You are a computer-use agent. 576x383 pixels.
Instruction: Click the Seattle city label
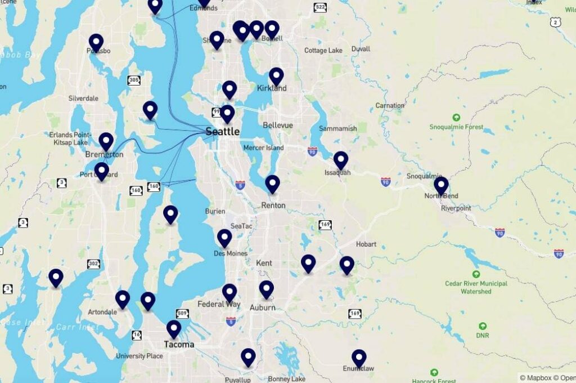222,132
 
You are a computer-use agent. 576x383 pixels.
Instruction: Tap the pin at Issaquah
341,160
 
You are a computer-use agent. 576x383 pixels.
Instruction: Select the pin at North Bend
441,185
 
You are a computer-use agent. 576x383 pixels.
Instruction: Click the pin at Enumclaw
359,358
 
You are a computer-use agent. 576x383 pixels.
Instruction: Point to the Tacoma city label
179,344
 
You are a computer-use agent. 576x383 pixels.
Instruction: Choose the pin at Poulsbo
96,42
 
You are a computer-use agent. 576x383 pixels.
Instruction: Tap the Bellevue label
278,125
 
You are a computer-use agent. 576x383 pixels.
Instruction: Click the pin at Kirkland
276,75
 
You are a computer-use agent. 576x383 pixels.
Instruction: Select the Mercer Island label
263,148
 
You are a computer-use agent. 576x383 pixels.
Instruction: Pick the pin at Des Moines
224,238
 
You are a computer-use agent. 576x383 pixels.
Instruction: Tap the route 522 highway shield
320,7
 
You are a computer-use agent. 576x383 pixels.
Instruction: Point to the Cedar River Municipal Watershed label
476,287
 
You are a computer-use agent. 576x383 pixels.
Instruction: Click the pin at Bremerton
106,141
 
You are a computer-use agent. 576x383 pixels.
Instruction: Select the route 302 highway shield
93,264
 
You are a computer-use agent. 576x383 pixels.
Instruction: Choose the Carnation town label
390,105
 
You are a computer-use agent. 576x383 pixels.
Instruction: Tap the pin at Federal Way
229,292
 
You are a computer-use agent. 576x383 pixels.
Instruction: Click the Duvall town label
361,49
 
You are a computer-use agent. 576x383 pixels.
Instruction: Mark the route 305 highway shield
134,81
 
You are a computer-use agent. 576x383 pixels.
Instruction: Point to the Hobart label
366,244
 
